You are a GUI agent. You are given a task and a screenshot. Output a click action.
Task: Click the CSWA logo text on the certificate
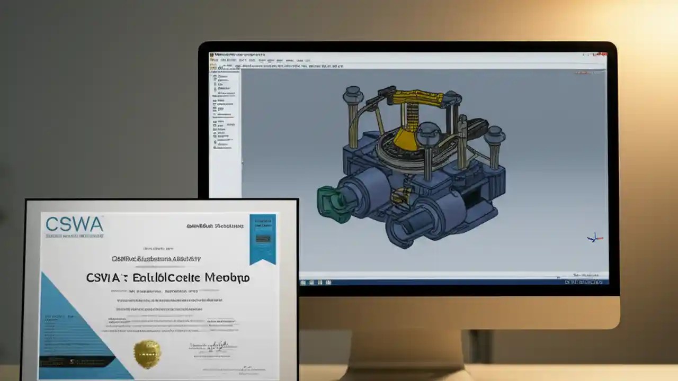[x=74, y=224]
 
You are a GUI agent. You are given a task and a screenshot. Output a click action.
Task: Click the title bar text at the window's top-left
[x=238, y=55]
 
